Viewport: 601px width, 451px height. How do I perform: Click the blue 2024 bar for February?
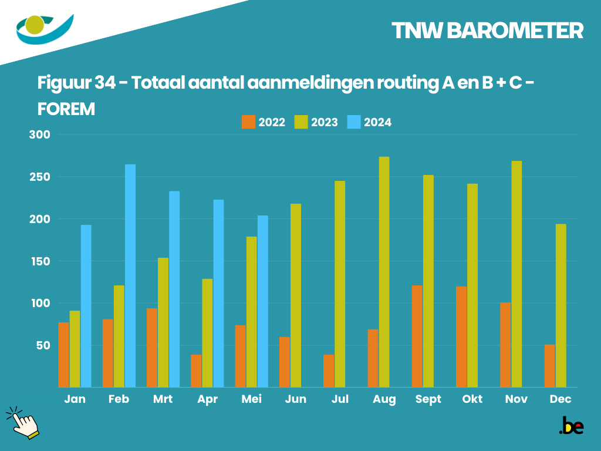click(130, 275)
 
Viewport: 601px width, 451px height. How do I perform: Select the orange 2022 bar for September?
click(417, 336)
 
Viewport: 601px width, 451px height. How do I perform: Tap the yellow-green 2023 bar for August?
click(384, 272)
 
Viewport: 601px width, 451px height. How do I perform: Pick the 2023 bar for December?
click(561, 305)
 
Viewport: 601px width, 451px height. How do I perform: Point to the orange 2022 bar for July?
click(329, 371)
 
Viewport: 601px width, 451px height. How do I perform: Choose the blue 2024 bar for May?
click(263, 301)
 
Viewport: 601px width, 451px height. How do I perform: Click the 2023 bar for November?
click(516, 274)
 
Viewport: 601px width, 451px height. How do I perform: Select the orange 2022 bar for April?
click(196, 371)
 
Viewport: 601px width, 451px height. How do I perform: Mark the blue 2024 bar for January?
click(86, 306)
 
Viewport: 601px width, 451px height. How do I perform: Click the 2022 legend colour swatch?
click(248, 122)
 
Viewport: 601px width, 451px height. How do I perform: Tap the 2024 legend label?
click(377, 122)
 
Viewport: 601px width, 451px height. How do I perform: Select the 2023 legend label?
click(325, 122)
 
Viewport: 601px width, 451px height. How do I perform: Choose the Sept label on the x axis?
click(428, 399)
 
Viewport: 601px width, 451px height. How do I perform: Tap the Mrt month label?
click(163, 399)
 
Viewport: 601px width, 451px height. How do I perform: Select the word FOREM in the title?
click(66, 109)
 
